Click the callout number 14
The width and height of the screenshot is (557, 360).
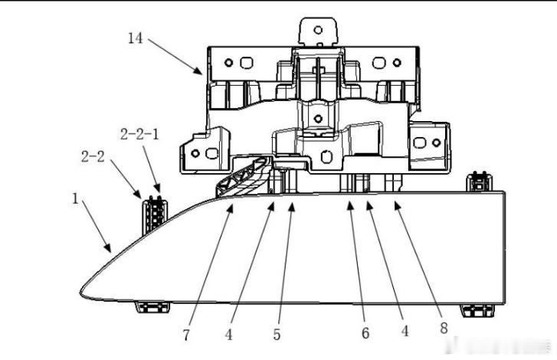coord(135,38)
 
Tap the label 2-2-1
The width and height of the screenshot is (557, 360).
coord(139,135)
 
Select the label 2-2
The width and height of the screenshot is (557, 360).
coord(93,156)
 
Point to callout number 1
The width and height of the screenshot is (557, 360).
coord(75,198)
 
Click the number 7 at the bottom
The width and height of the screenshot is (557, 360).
coord(186,335)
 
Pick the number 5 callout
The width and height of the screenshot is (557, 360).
coord(277,335)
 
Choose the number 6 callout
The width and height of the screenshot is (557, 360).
coord(365,333)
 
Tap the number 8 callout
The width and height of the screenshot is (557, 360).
coord(444,328)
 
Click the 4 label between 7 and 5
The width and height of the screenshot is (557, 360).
coord(229,335)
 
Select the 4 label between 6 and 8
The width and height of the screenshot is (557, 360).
coord(405,331)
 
